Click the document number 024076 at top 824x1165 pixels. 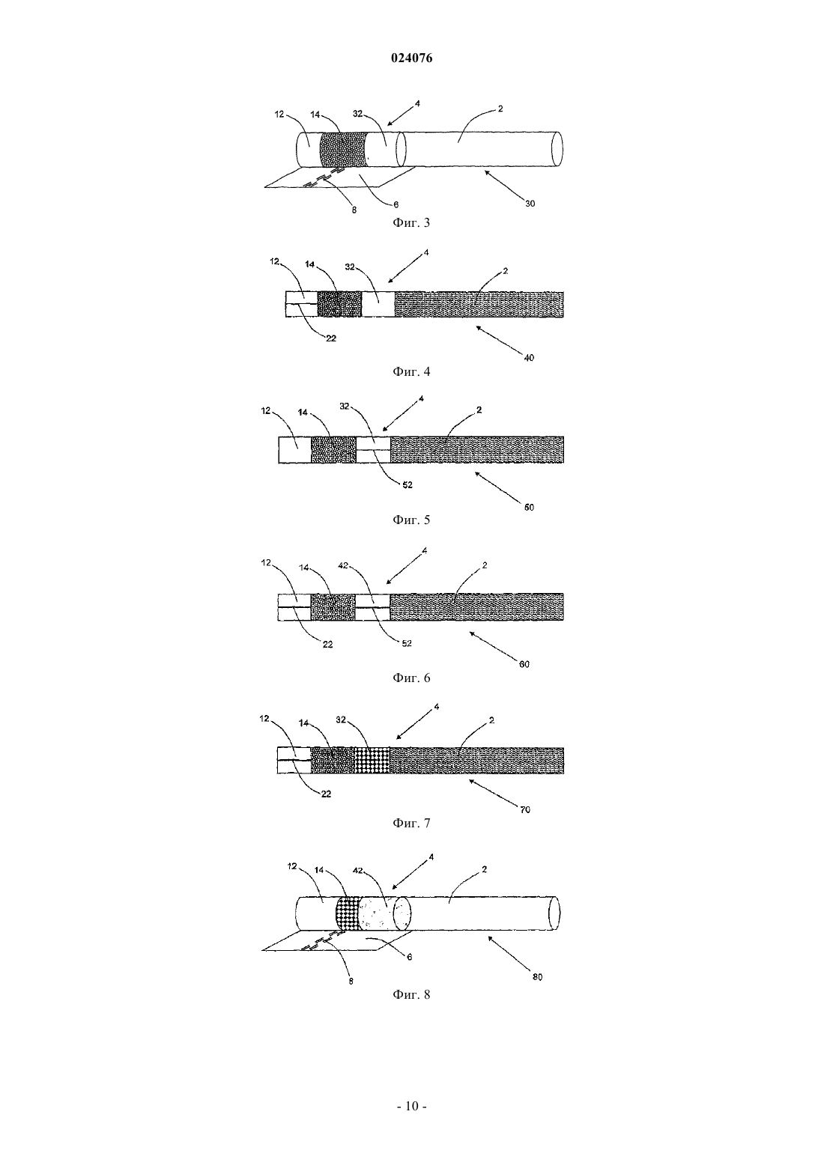[x=411, y=58]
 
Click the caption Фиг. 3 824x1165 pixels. [x=411, y=223]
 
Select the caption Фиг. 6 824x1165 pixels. [x=411, y=678]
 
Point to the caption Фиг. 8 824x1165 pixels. [x=411, y=995]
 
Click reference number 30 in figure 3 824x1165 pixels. [x=530, y=204]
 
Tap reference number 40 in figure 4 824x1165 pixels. [x=529, y=358]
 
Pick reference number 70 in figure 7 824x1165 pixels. [x=525, y=810]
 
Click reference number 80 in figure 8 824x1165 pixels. [x=537, y=977]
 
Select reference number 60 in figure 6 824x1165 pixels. [x=524, y=664]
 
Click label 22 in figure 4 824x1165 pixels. [x=331, y=338]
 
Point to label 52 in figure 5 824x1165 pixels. [x=408, y=484]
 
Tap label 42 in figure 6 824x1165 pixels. [x=343, y=566]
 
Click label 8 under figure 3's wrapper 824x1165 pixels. [x=354, y=210]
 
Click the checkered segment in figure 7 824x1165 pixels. [x=372, y=761]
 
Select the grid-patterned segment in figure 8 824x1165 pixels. [x=348, y=913]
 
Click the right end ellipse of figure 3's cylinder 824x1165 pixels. [x=557, y=149]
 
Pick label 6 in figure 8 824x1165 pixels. [x=410, y=957]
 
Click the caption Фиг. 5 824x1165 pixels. [x=411, y=520]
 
